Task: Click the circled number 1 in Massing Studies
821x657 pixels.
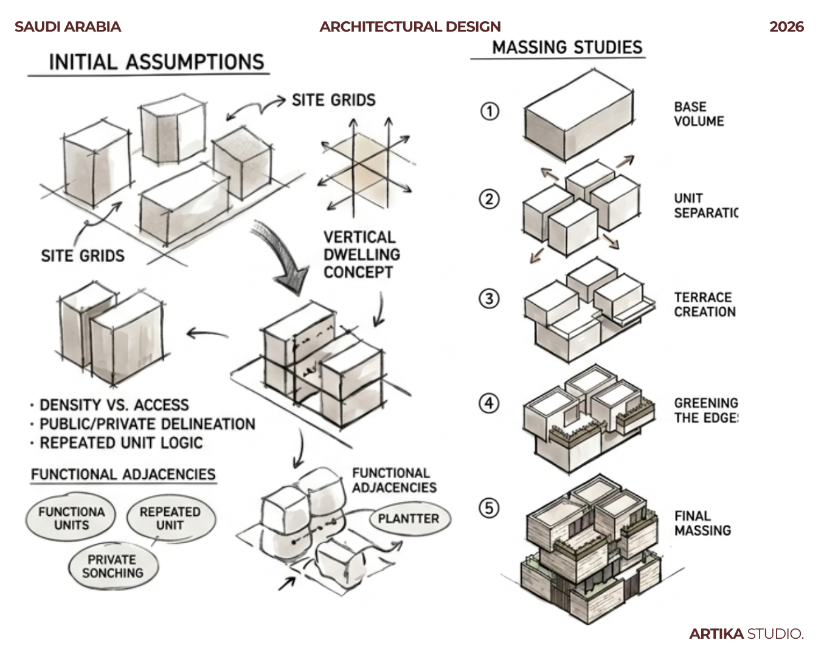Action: (x=490, y=111)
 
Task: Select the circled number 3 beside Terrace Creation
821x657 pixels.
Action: (x=490, y=299)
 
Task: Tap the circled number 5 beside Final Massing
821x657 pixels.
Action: (x=490, y=508)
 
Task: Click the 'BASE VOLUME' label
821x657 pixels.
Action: (x=699, y=114)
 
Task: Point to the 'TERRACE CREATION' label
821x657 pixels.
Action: (x=705, y=304)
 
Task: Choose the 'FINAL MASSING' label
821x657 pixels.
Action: (x=702, y=523)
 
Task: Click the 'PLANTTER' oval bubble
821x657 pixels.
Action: (x=409, y=519)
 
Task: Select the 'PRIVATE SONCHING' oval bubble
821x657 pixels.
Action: (x=113, y=566)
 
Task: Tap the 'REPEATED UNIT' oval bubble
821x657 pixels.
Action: (x=170, y=518)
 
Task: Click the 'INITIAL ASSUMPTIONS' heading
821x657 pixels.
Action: (x=156, y=62)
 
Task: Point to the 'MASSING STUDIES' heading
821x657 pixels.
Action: (x=567, y=47)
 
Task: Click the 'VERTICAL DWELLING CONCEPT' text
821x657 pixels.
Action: (x=361, y=254)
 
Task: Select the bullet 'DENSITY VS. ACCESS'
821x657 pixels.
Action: (x=114, y=405)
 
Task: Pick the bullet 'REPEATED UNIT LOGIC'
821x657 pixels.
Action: (x=120, y=443)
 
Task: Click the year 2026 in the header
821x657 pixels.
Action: (x=786, y=27)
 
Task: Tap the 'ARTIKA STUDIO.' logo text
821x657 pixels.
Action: (x=746, y=634)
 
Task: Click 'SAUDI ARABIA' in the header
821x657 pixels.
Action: (x=68, y=27)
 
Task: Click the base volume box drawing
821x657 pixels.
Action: (x=578, y=116)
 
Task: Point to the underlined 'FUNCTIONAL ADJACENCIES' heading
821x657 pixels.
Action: (x=123, y=474)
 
